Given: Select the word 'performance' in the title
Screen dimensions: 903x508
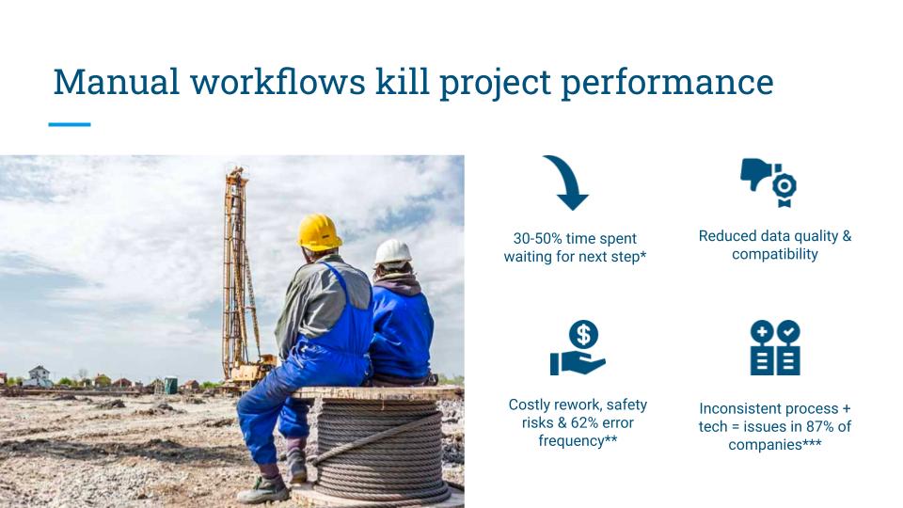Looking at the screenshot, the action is (x=667, y=84).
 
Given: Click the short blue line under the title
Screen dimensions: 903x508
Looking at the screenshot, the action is (x=70, y=124).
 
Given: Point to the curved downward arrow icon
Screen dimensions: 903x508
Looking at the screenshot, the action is (x=567, y=182).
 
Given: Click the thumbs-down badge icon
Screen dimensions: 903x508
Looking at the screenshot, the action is (x=768, y=182).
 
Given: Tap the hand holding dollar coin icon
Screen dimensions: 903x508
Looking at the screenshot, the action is (x=578, y=347).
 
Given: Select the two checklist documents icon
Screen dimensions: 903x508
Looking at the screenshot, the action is (x=775, y=347).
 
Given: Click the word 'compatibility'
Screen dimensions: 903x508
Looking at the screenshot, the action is (x=774, y=255).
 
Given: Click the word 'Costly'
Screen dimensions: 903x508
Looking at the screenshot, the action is (x=528, y=405).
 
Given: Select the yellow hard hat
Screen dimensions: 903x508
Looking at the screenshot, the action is (x=319, y=232).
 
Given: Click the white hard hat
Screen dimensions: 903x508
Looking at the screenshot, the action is (x=393, y=252).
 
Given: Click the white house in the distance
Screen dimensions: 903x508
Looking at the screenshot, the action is (x=38, y=376).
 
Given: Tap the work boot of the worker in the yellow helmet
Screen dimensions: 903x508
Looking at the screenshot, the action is (x=262, y=490).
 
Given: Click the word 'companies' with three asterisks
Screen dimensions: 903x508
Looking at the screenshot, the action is (x=774, y=445).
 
